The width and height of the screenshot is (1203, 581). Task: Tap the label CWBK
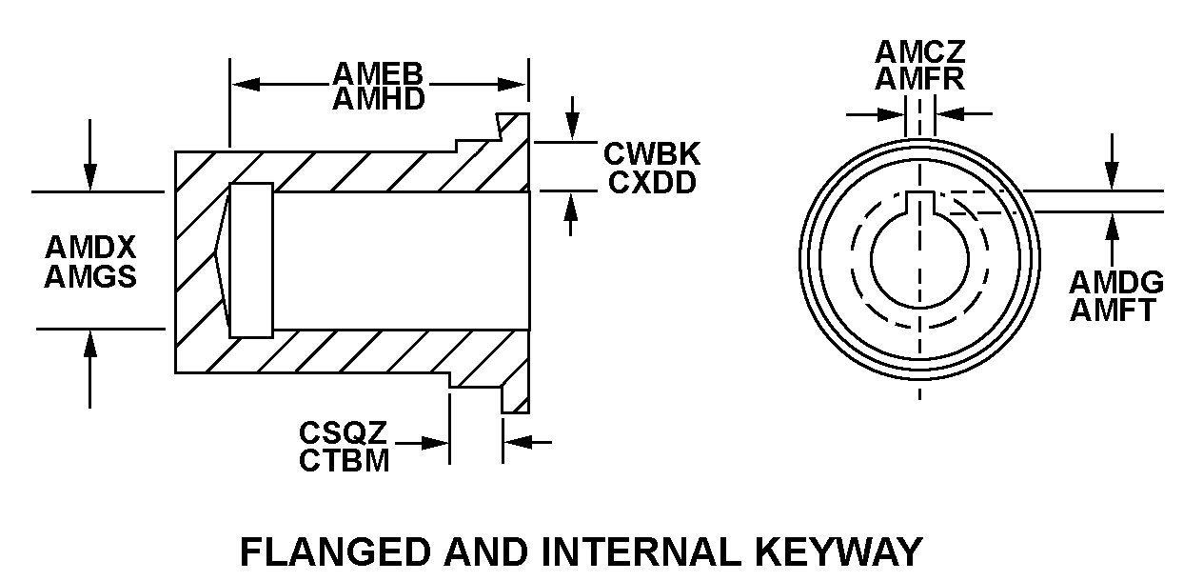[x=652, y=154]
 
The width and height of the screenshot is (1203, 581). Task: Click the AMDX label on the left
[x=90, y=248]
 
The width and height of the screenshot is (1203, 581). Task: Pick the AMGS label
[x=90, y=276]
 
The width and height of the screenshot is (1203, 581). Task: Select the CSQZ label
[x=343, y=434]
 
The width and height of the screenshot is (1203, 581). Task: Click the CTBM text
[x=343, y=462]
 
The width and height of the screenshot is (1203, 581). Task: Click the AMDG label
[x=1115, y=283]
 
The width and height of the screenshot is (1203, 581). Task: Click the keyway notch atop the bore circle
[x=920, y=200]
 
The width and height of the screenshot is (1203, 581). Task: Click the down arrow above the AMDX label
[x=89, y=177]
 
